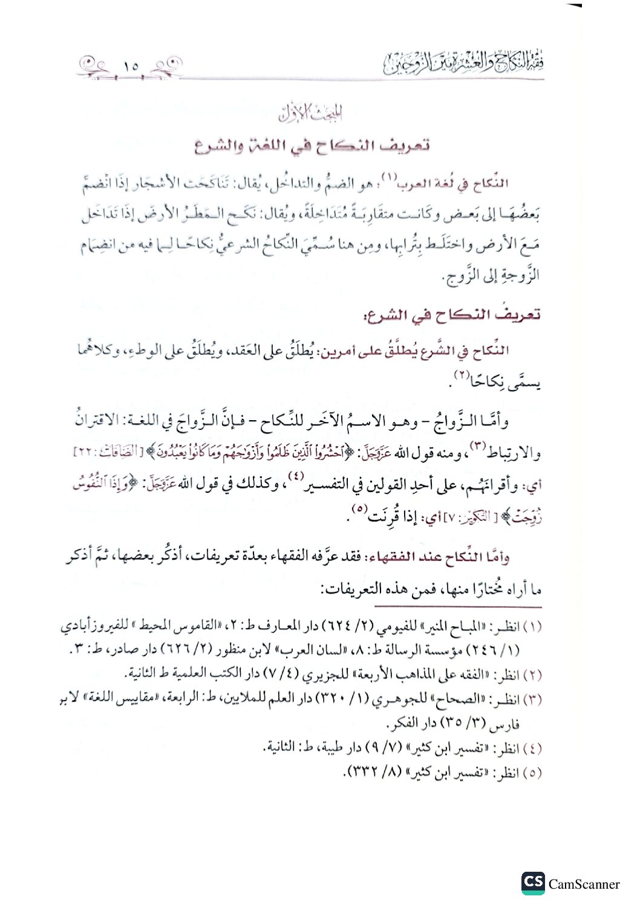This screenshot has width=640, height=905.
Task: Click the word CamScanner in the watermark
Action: click(584, 884)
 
